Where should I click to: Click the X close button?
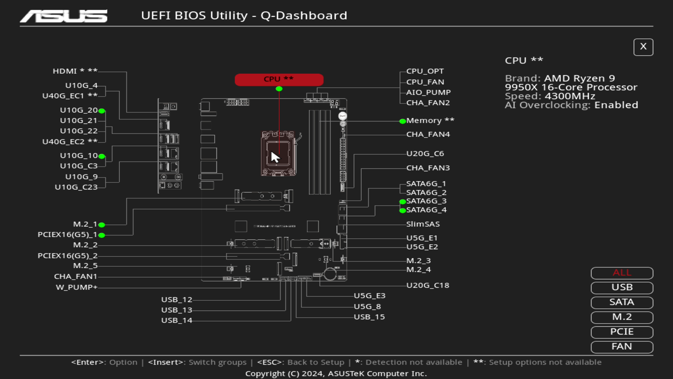pos(643,47)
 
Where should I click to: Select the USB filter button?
pos(622,287)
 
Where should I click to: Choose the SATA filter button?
pos(622,302)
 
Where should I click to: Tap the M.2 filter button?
pos(622,317)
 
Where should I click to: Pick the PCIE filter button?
pos(622,332)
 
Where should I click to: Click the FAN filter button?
pos(622,347)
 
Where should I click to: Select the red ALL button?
pos(622,273)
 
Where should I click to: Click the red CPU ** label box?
pos(279,79)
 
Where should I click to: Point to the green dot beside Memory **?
pos(402,121)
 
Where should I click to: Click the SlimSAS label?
pos(423,224)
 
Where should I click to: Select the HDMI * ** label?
pos(75,71)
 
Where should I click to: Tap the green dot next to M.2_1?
pos(102,225)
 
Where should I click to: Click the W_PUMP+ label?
pos(76,287)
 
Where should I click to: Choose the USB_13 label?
pos(177,310)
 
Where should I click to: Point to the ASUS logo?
pos(64,16)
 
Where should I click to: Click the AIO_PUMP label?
pos(428,93)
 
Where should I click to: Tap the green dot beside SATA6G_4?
pos(402,211)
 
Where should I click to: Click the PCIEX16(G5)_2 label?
pos(67,256)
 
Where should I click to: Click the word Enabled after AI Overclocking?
pos(616,105)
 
